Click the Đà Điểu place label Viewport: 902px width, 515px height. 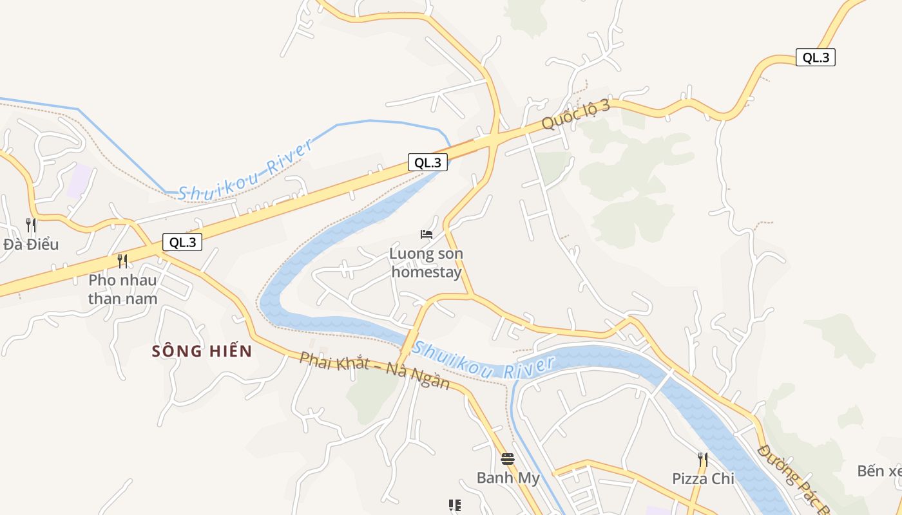click(31, 245)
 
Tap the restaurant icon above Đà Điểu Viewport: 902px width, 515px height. click(31, 225)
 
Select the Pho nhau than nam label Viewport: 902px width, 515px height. click(122, 290)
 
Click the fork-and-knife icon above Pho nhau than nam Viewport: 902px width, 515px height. click(122, 261)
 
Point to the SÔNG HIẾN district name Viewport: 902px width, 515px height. click(202, 351)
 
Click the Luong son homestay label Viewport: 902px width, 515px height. click(427, 263)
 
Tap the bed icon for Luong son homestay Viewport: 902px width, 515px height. click(427, 234)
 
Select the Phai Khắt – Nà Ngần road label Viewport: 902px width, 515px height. click(374, 370)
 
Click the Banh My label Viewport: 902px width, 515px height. click(508, 478)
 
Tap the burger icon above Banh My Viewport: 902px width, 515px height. click(508, 459)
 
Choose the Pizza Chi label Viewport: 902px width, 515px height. click(703, 479)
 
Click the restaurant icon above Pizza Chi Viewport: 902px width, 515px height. click(703, 459)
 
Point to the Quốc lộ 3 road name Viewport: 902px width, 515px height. click(575, 115)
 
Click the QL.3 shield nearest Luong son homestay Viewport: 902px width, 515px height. click(428, 163)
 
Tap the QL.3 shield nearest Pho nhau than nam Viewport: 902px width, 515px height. click(182, 243)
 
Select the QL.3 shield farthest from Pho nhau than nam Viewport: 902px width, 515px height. click(816, 57)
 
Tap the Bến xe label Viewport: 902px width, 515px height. click(880, 471)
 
